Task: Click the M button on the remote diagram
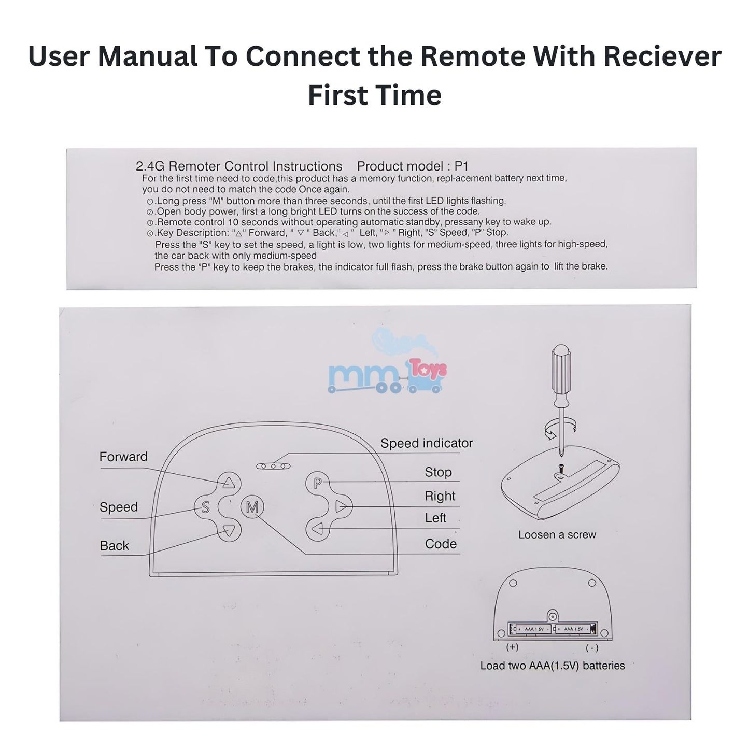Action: [252, 506]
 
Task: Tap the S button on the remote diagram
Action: [205, 507]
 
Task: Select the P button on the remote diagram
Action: [317, 483]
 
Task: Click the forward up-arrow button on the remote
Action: [229, 483]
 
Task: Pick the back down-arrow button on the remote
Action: [229, 530]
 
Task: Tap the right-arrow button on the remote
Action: [341, 506]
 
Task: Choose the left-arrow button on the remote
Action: [317, 529]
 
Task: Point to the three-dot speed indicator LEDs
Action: [273, 466]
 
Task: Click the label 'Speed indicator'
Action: [426, 443]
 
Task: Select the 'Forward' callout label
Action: [123, 457]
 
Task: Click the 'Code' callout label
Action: [441, 544]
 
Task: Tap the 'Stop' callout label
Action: [438, 472]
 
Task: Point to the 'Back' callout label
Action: [115, 546]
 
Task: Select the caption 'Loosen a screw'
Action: [557, 535]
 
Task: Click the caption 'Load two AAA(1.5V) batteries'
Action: [553, 666]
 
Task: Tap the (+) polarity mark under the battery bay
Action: [512, 647]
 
